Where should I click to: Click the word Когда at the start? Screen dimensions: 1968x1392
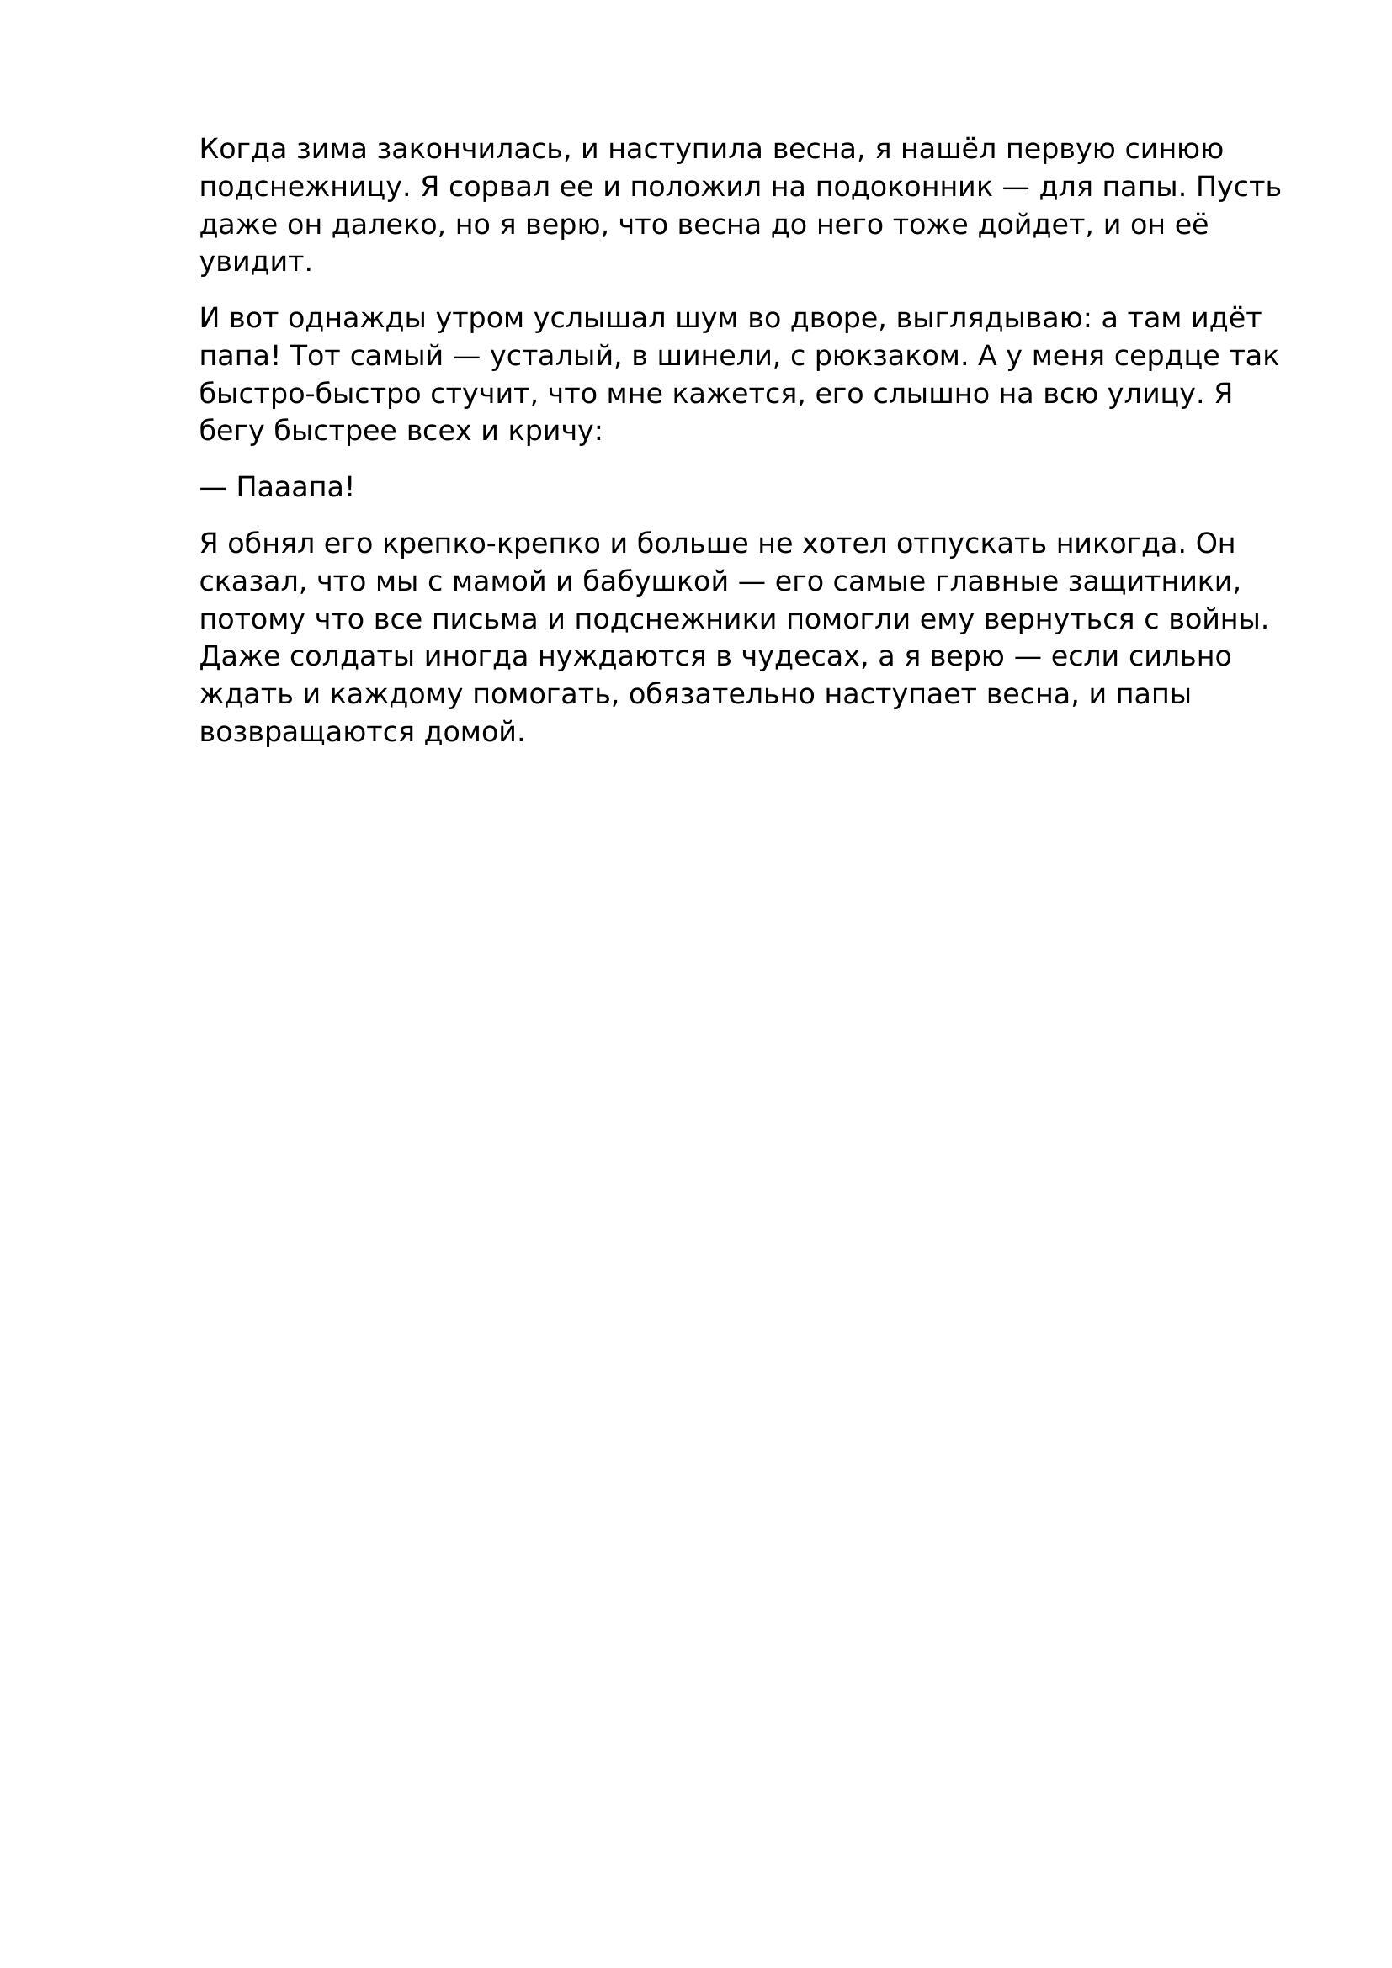point(242,150)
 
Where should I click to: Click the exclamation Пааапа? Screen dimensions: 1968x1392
point(295,488)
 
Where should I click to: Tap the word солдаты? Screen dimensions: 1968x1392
point(349,657)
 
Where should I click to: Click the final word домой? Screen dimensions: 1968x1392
point(473,733)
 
